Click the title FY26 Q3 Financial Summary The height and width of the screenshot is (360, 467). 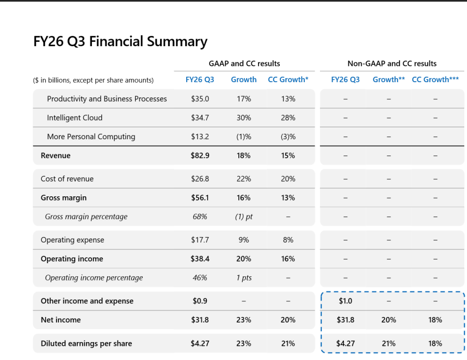pyautogui.click(x=120, y=41)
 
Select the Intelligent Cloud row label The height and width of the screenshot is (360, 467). pyautogui.click(x=75, y=118)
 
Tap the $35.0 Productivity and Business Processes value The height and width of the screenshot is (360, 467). pyautogui.click(x=200, y=99)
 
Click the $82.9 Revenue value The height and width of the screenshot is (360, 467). pyautogui.click(x=200, y=156)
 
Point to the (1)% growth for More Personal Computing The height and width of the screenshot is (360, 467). pyautogui.click(x=244, y=137)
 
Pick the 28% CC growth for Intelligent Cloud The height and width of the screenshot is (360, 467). pyautogui.click(x=288, y=118)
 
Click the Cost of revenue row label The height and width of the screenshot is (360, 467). pyautogui.click(x=67, y=179)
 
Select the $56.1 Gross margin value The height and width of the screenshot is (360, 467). pyautogui.click(x=200, y=198)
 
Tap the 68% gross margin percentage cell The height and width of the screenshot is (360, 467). pyautogui.click(x=200, y=216)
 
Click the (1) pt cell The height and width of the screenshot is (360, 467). pyautogui.click(x=244, y=216)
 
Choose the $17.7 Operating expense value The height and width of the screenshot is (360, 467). pyautogui.click(x=200, y=240)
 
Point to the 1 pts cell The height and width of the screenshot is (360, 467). pyautogui.click(x=244, y=278)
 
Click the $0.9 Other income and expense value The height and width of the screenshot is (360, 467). pyautogui.click(x=200, y=301)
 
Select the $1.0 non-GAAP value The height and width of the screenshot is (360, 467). pyautogui.click(x=346, y=301)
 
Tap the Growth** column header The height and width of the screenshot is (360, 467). pyautogui.click(x=389, y=80)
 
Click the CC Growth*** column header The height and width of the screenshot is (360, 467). pyautogui.click(x=435, y=80)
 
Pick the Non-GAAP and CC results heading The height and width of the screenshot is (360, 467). pyautogui.click(x=392, y=64)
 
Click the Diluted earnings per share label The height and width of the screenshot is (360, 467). pyautogui.click(x=87, y=344)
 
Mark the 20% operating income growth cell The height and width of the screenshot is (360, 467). pyautogui.click(x=244, y=259)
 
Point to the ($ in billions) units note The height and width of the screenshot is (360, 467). pyautogui.click(x=93, y=80)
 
